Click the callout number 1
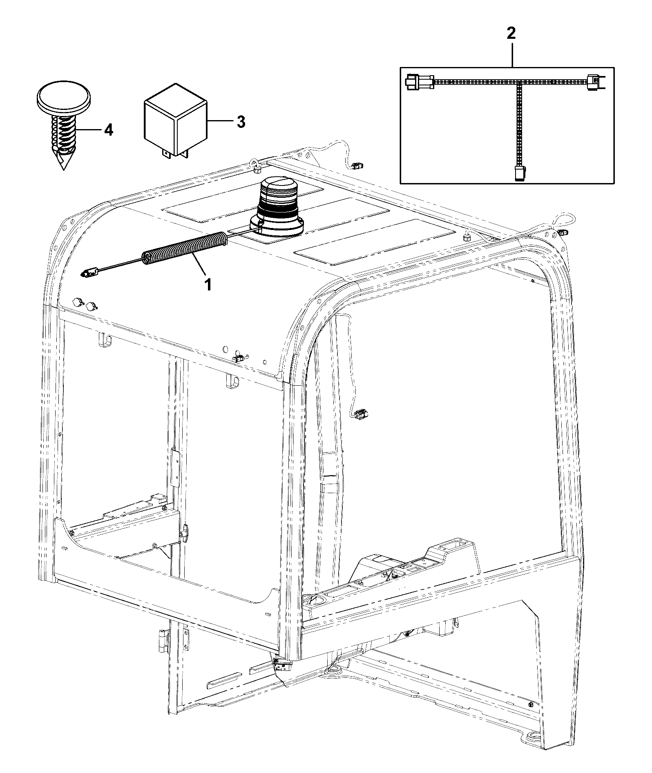click(208, 284)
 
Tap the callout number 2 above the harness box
click(511, 34)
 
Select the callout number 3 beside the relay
click(241, 121)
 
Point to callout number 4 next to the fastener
click(108, 130)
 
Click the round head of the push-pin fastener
click(64, 98)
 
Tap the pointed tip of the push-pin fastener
click(63, 169)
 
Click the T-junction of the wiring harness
click(519, 82)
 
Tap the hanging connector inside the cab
click(359, 414)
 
